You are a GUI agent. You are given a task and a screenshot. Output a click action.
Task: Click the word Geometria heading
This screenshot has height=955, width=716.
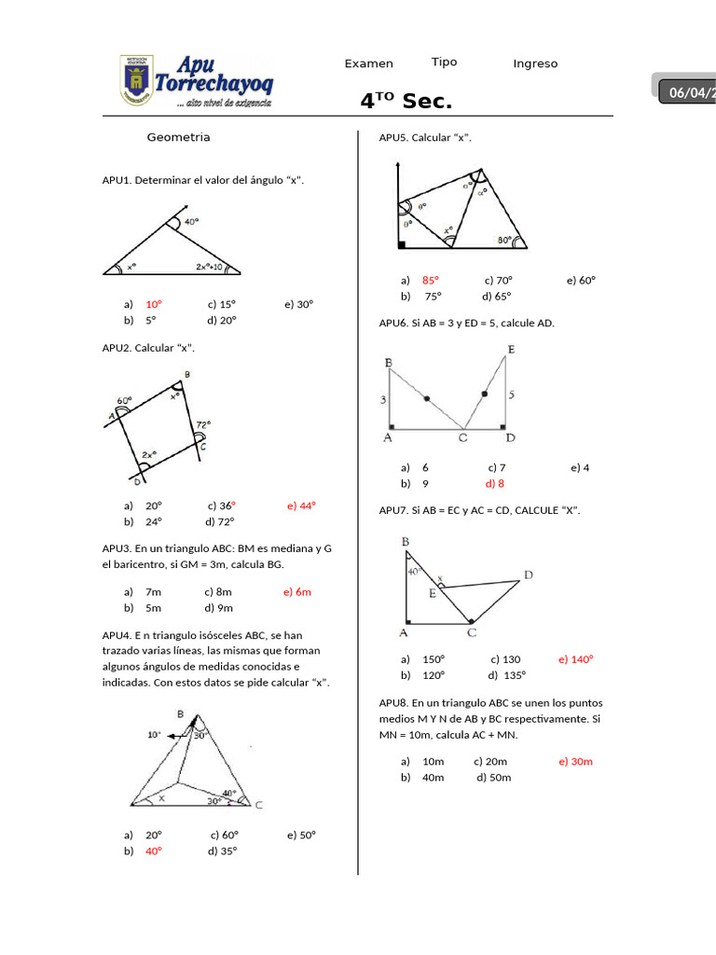tap(178, 137)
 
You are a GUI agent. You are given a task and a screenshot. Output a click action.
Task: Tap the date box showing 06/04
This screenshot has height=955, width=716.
tap(688, 92)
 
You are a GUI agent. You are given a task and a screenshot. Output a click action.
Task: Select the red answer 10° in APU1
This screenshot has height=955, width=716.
tap(154, 304)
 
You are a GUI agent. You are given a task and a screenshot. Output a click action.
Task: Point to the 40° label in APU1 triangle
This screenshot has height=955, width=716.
tap(191, 222)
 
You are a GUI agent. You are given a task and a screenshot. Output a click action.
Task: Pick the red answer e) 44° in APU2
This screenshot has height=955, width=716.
tap(302, 505)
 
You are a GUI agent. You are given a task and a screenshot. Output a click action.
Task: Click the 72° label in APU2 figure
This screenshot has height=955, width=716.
tap(202, 423)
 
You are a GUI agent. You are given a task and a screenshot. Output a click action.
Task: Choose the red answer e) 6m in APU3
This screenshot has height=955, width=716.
tap(297, 591)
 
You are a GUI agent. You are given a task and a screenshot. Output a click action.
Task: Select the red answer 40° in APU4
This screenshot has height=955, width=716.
tap(154, 851)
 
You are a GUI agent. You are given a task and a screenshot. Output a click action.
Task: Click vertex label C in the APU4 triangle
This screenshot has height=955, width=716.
tap(258, 805)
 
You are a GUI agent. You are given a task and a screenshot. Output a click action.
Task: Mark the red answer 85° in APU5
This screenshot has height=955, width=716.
tap(430, 280)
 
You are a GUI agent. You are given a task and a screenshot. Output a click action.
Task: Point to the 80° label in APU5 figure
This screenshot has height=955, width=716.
tap(504, 240)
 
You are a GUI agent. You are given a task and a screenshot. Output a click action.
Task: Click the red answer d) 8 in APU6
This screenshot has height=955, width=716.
tap(494, 483)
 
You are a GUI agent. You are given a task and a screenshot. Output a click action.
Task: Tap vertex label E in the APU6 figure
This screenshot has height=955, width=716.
tap(511, 350)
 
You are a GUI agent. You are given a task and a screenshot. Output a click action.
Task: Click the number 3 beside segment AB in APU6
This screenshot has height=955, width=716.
tap(383, 399)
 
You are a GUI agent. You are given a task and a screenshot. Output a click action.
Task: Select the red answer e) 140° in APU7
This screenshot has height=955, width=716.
tap(576, 658)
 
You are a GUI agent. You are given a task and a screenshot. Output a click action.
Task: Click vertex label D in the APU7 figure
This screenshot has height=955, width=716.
tap(529, 575)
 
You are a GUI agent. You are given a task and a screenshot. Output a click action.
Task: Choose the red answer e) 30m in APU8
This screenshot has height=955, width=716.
tap(576, 761)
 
